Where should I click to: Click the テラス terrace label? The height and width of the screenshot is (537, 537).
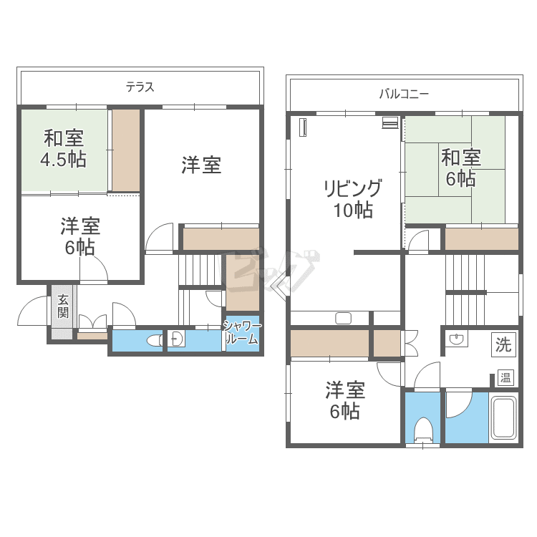tap(140, 87)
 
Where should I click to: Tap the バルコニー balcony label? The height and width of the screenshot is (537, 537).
tap(404, 93)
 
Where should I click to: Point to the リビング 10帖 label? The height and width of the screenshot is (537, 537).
tap(352, 199)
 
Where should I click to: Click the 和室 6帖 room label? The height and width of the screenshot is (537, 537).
tap(460, 167)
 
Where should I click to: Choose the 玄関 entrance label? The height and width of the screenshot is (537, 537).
tap(63, 306)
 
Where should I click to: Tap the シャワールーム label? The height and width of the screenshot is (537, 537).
tap(242, 333)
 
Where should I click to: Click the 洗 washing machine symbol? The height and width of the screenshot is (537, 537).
tap(503, 344)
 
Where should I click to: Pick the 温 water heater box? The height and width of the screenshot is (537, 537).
tap(505, 377)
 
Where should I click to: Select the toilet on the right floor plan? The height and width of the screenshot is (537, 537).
tap(423, 429)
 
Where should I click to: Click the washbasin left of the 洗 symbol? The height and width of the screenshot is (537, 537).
tap(455, 339)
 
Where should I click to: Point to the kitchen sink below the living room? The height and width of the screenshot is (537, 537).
tap(343, 318)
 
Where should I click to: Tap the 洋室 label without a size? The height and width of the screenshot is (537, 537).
tap(200, 165)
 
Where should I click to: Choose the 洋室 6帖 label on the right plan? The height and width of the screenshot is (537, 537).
tap(346, 401)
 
